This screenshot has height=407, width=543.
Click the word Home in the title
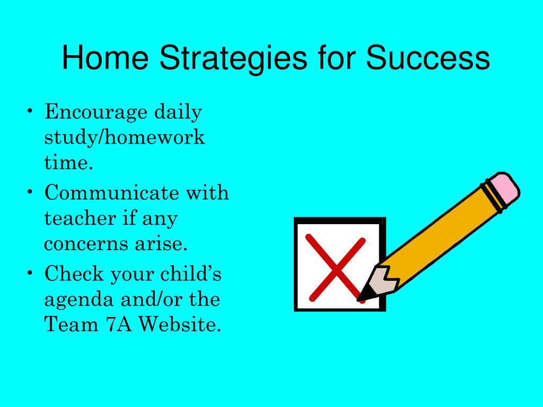click(106, 57)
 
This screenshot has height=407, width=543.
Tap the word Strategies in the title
click(233, 59)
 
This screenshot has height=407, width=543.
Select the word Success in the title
click(428, 57)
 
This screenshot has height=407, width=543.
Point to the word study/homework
click(125, 137)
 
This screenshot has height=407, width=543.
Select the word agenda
click(79, 300)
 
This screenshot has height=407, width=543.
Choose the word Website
click(180, 324)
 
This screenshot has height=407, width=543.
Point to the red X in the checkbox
click(336, 268)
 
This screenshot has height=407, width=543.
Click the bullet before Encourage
click(30, 111)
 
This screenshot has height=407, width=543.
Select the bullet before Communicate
click(30, 191)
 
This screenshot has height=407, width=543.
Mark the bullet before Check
click(30, 272)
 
